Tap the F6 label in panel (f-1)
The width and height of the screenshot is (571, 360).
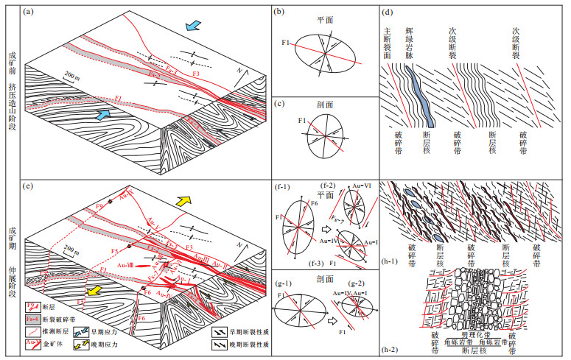coord(311,202)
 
